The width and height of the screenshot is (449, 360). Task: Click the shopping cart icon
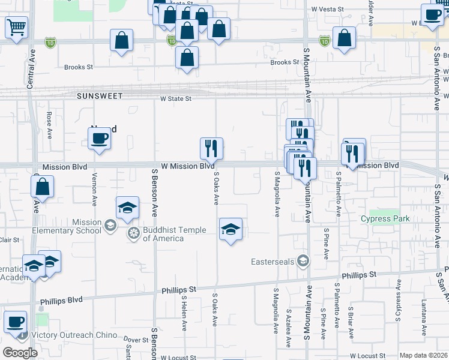(17, 27)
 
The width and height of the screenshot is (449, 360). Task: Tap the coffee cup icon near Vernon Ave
(100, 139)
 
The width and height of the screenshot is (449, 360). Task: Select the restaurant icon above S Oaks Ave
(211, 148)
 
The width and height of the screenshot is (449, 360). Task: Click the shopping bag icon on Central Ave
(42, 187)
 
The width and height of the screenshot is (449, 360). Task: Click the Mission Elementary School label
(87, 226)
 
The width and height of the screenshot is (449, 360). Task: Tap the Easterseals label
(275, 260)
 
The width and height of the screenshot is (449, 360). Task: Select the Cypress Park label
(385, 218)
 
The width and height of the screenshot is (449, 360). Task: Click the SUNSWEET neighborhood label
(100, 96)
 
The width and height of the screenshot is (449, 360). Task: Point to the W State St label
(175, 99)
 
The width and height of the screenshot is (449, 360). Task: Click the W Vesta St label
(328, 10)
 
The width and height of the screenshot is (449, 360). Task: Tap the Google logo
(20, 353)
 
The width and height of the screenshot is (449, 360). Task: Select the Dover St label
(136, 340)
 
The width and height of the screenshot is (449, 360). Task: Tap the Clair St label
(10, 240)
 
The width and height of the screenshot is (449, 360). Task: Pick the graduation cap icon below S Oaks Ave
(231, 230)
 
